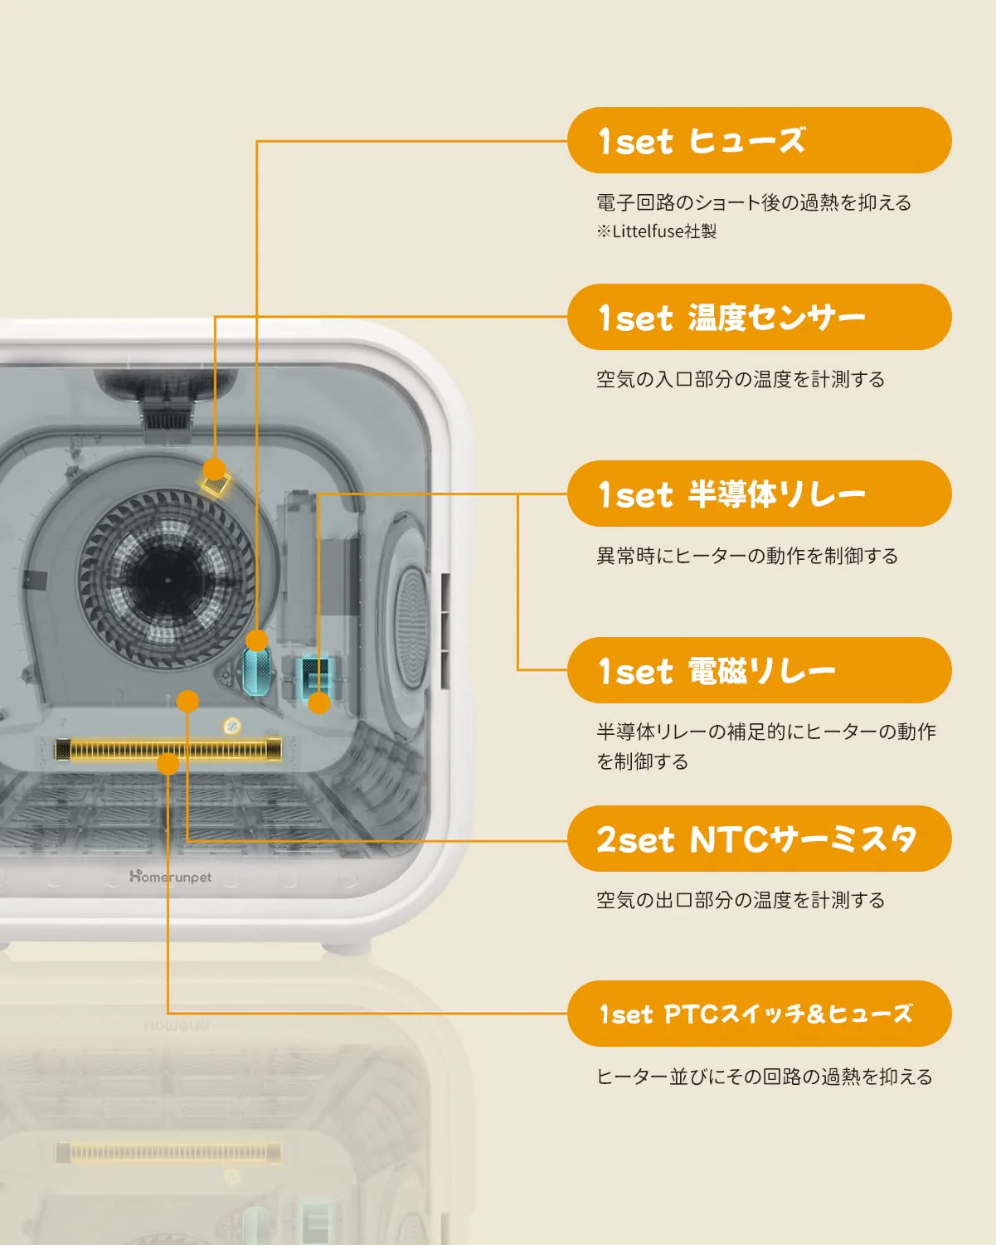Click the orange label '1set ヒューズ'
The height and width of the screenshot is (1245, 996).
[x=759, y=140]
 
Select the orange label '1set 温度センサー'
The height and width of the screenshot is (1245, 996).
[x=759, y=317]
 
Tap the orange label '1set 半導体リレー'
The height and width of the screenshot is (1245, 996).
[x=759, y=494]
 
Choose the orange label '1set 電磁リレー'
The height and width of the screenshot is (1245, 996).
[x=759, y=670]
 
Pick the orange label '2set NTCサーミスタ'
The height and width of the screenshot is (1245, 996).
[x=759, y=839]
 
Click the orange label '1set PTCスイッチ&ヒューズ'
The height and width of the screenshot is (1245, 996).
[x=759, y=1014]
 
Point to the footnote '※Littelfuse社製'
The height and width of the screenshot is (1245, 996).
[x=656, y=231]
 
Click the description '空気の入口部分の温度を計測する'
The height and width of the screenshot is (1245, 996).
[x=740, y=379]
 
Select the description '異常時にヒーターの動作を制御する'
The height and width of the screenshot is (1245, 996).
[x=746, y=556]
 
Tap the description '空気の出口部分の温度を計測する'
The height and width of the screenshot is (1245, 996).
[x=740, y=900]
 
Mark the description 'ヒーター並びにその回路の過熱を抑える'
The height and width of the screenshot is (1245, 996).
[x=764, y=1077]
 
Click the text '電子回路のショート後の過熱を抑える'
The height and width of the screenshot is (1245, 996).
[x=753, y=202]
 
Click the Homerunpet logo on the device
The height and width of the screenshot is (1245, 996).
[x=171, y=877]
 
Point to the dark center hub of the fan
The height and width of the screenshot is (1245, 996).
[x=167, y=580]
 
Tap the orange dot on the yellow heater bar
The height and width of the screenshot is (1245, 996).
[x=168, y=763]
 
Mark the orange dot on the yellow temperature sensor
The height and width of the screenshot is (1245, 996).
[x=214, y=469]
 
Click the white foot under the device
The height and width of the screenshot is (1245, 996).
[x=347, y=946]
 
